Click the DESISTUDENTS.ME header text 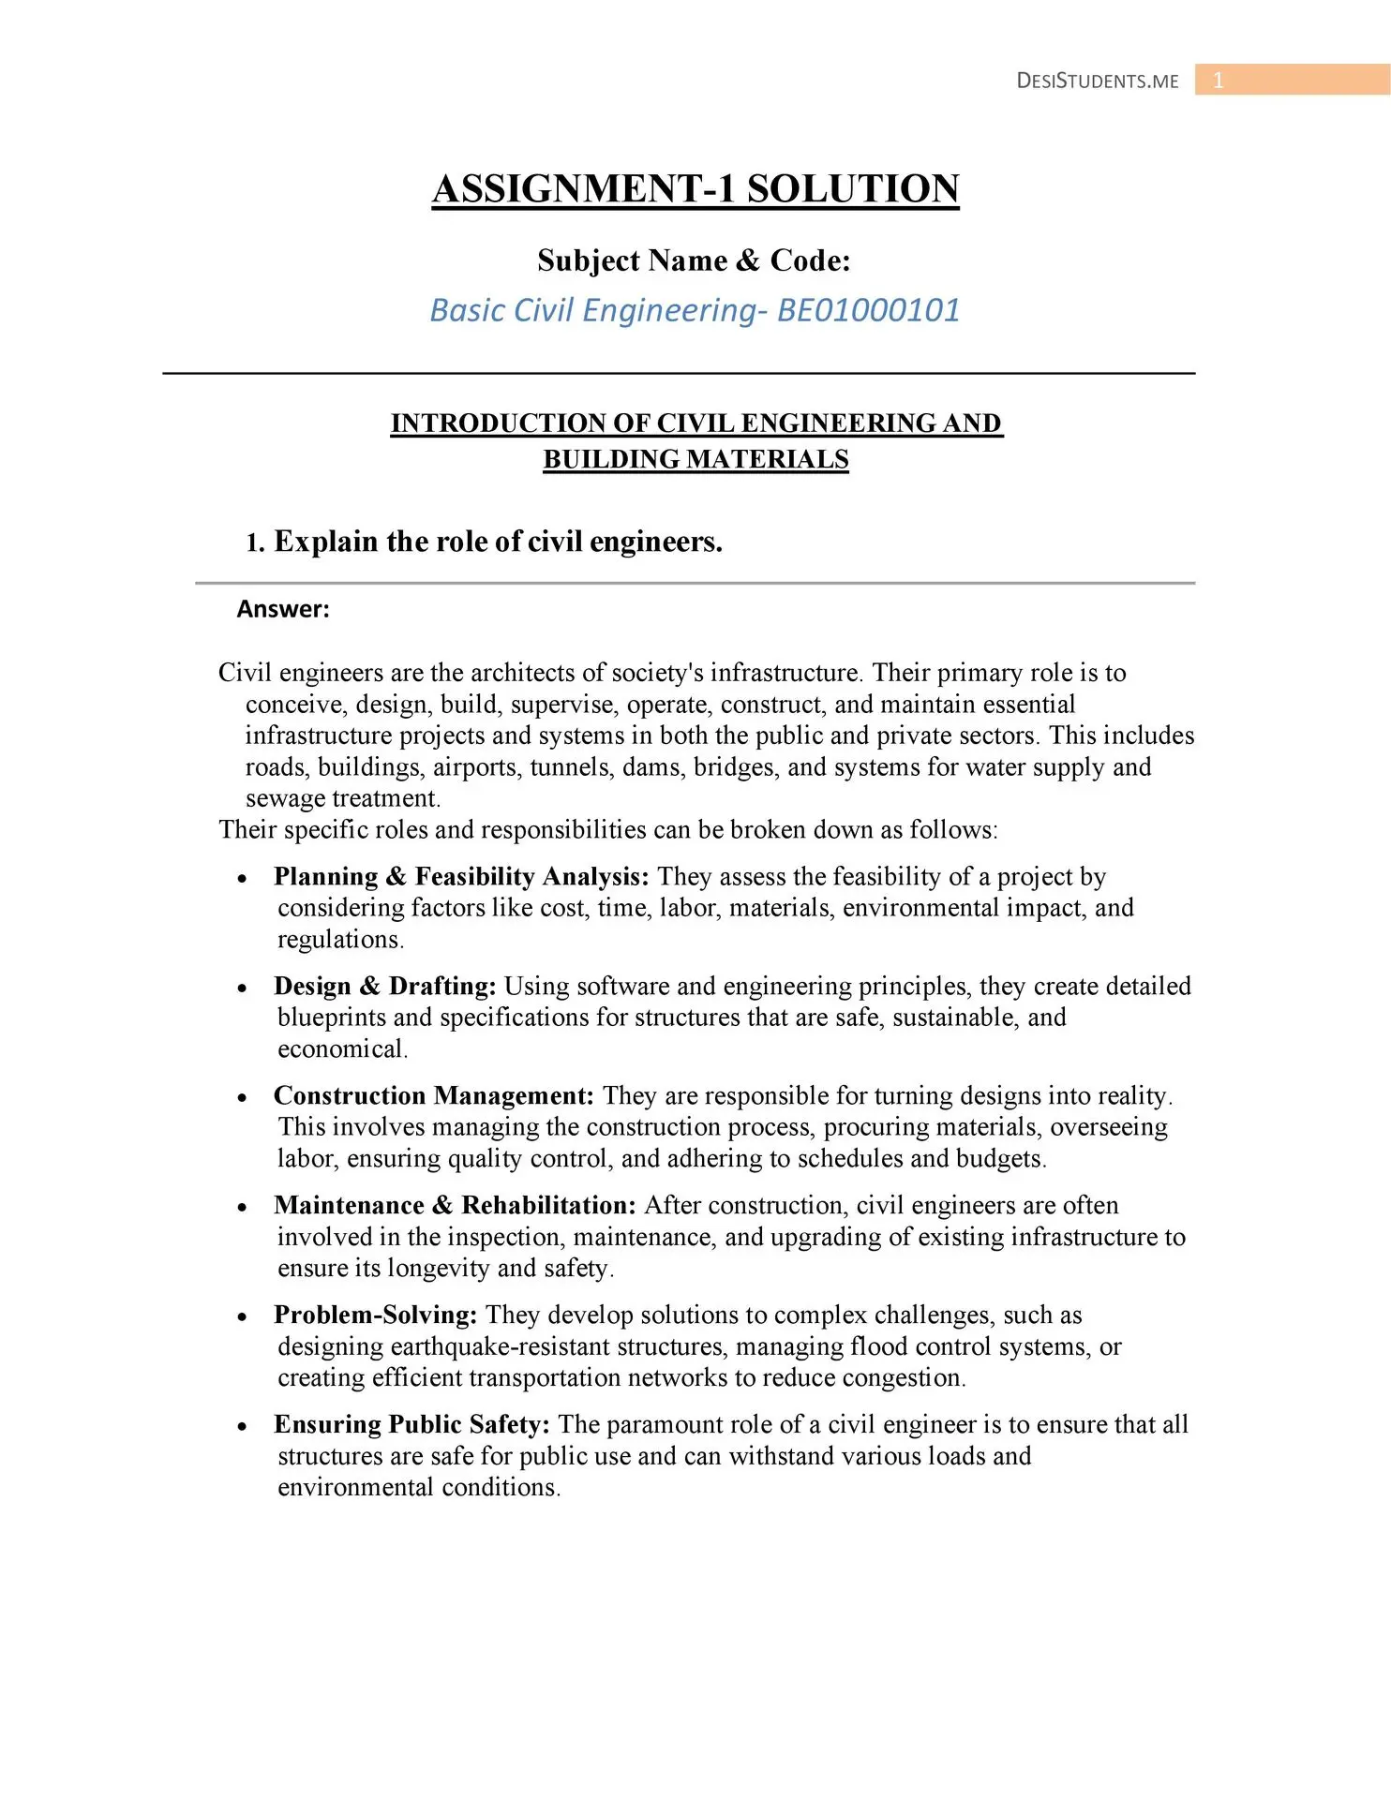pos(1097,81)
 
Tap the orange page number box pos(1292,81)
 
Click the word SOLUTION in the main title pos(853,188)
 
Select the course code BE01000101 pos(869,310)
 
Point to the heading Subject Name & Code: pos(694,260)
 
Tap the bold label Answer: pos(283,609)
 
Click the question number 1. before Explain pos(255,543)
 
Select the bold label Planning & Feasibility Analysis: pos(461,876)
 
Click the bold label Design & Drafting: pos(384,986)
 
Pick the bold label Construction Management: pos(434,1095)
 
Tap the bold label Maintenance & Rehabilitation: pos(455,1205)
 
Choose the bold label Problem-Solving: pos(375,1315)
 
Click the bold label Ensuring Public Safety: pos(411,1424)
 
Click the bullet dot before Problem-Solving pos(243,1317)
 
